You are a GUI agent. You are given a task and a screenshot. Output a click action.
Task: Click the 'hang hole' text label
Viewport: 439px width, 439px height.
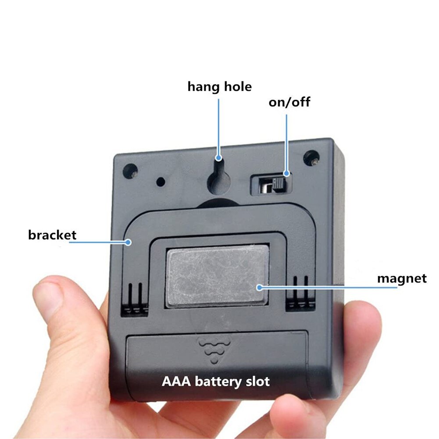point(219,87)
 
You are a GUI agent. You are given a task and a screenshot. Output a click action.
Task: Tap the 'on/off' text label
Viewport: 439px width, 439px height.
point(289,102)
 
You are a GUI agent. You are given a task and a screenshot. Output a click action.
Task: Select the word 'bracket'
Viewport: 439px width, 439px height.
point(52,235)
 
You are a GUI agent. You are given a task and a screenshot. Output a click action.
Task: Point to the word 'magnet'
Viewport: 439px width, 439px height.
point(402,278)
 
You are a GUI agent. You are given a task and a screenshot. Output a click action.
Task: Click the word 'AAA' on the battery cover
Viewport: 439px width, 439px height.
point(176,381)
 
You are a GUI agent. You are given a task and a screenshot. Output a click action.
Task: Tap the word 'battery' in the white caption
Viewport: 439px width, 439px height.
point(218,382)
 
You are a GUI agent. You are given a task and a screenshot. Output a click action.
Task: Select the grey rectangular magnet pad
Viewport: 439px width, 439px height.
point(216,276)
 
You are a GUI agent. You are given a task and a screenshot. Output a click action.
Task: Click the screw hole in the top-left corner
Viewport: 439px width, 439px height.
point(130,171)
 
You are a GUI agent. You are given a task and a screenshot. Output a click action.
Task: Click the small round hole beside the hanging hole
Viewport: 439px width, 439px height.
point(161,182)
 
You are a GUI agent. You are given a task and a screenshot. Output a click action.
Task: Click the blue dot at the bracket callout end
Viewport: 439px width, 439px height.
point(128,242)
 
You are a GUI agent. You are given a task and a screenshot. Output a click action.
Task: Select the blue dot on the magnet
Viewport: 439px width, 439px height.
point(260,287)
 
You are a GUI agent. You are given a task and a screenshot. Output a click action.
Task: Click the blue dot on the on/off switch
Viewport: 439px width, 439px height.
point(286,174)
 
